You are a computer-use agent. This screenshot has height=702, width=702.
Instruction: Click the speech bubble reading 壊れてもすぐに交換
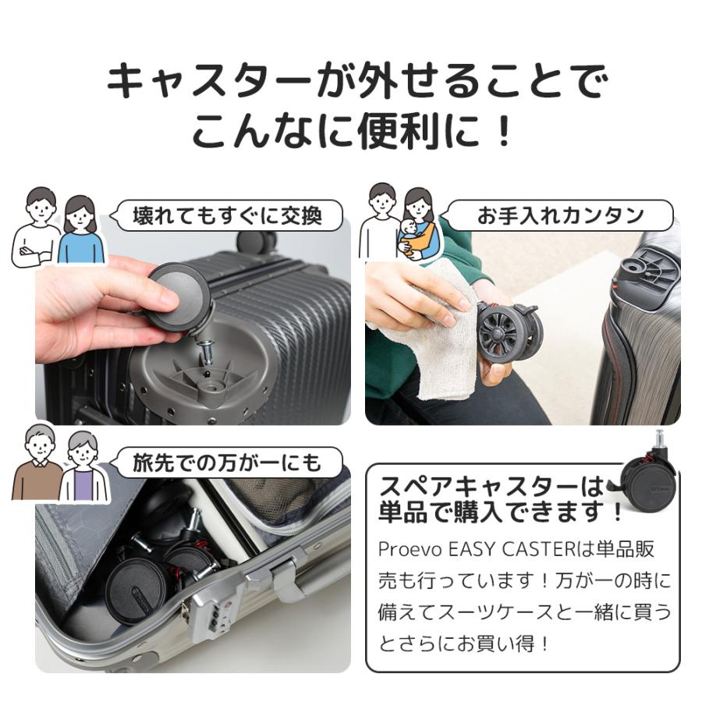[227, 214]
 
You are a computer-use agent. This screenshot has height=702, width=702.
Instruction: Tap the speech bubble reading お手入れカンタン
[559, 215]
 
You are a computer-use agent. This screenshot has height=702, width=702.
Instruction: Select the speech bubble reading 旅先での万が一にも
[227, 462]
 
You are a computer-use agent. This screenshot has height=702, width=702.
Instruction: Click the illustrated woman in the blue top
[80, 230]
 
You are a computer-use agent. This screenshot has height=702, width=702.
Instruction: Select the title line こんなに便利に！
[351, 131]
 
